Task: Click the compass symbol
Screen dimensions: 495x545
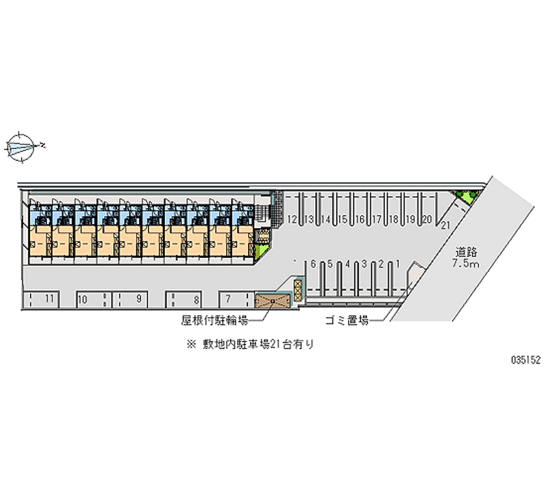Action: (x=22, y=146)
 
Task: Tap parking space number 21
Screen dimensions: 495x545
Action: (x=446, y=225)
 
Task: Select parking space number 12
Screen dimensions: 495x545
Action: (x=292, y=219)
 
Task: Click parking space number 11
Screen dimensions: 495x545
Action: (x=49, y=298)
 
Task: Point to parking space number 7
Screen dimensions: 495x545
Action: (x=228, y=298)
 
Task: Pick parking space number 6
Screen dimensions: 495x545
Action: (x=311, y=264)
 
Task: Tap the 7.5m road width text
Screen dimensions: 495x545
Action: (x=466, y=264)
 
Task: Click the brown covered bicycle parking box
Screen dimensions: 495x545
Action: (x=272, y=300)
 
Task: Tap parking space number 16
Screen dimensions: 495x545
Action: (x=360, y=219)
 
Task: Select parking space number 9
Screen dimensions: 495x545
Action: (x=138, y=298)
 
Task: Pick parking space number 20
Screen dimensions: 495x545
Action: (x=426, y=219)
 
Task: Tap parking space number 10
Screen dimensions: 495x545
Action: (x=82, y=298)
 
